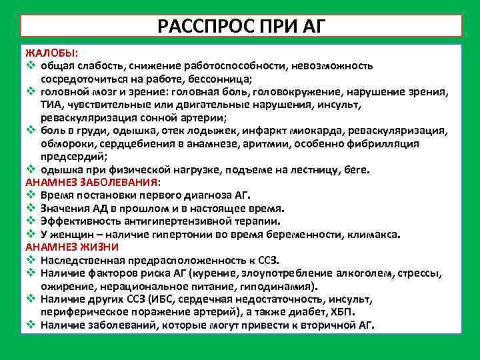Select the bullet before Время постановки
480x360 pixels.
(x=31, y=195)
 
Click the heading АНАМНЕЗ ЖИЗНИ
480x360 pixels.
(x=72, y=247)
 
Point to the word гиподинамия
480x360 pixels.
(x=281, y=287)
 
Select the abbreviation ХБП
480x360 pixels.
(x=343, y=313)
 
